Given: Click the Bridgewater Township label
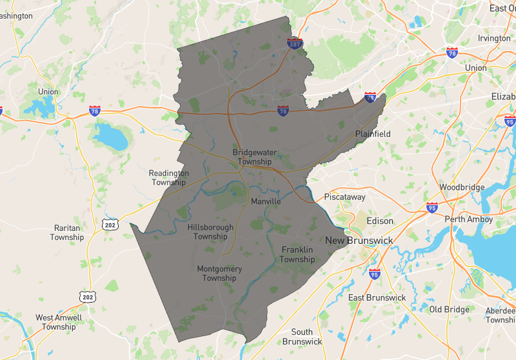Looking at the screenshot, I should [252, 157].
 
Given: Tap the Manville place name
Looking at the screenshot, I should [266, 201].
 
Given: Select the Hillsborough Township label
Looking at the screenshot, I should [210, 232].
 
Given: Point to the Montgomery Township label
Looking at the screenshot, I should [219, 274].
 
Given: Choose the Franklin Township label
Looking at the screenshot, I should [297, 254].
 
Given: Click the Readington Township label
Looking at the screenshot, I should [169, 177].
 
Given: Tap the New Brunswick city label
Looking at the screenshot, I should [359, 241].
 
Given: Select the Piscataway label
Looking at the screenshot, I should [344, 197].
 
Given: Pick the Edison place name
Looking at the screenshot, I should [379, 221].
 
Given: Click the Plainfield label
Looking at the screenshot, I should [373, 134].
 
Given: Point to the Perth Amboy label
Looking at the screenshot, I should [469, 219].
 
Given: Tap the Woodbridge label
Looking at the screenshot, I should [462, 187].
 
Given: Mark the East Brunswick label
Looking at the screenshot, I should [377, 297].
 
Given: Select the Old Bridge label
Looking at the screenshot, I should [450, 309].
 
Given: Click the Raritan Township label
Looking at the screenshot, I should [67, 232].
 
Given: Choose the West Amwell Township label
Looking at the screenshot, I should [59, 322].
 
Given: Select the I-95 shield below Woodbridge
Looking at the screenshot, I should [432, 208].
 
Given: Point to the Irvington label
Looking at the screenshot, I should [494, 38].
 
